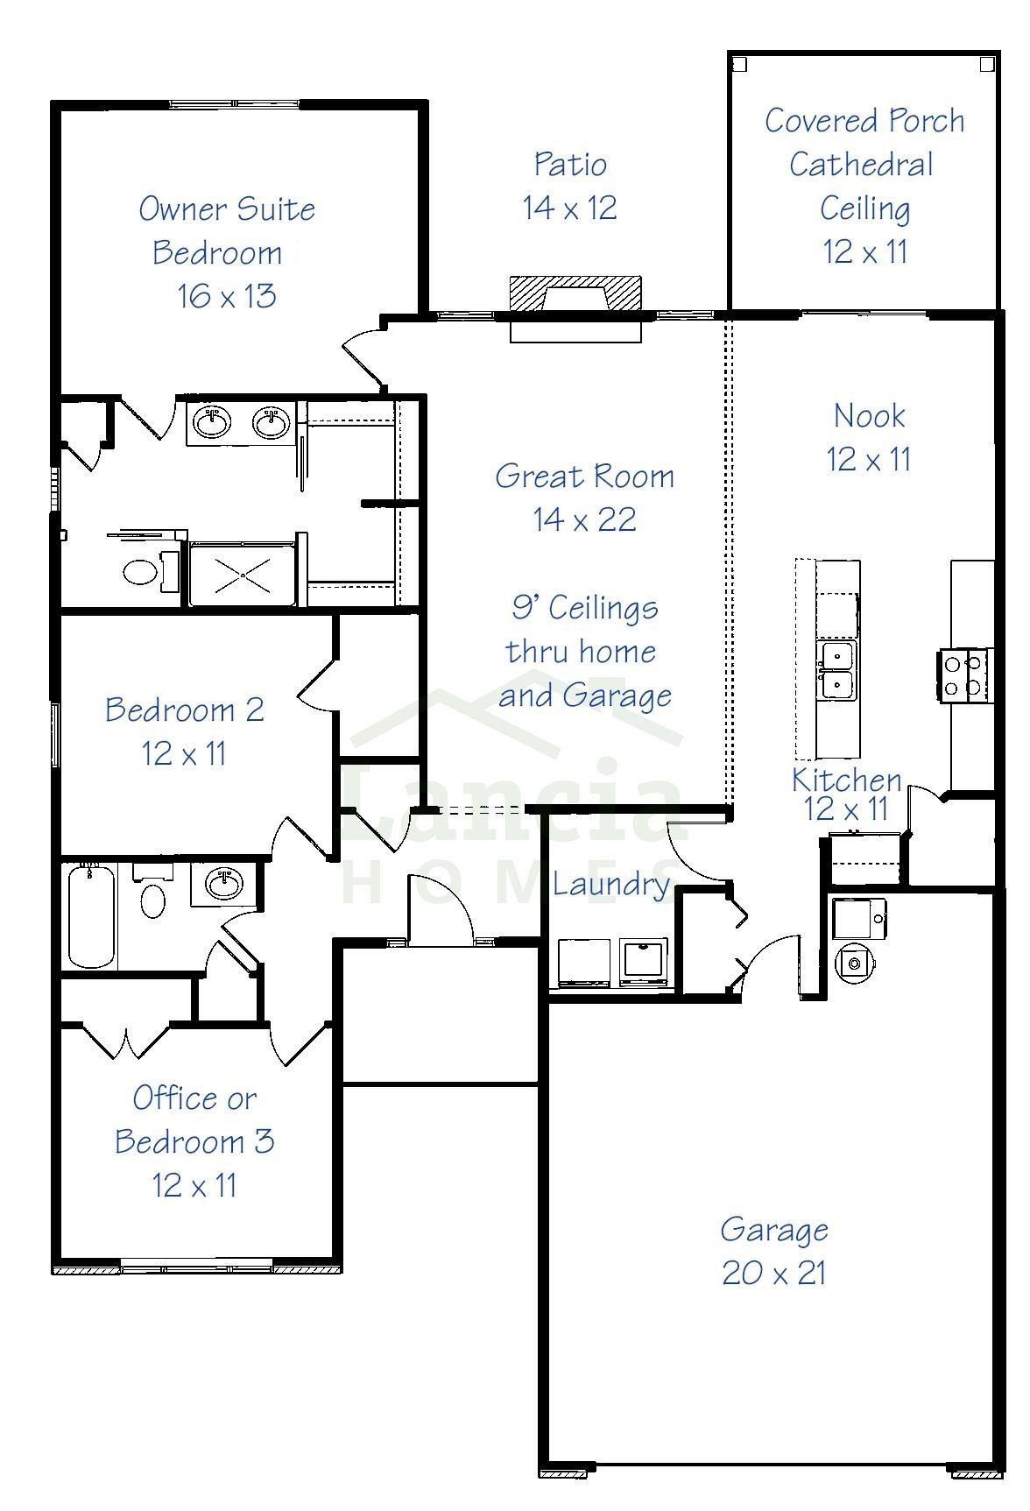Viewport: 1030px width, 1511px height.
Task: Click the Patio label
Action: point(570,165)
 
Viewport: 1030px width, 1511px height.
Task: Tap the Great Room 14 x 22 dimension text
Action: point(584,520)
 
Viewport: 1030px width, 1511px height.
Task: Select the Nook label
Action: point(869,416)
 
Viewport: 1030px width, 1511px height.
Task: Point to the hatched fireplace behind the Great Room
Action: point(576,293)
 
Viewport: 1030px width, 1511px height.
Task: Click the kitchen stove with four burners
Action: point(964,674)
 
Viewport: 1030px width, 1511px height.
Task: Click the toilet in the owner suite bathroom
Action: point(140,572)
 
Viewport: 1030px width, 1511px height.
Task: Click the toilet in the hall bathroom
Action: point(152,898)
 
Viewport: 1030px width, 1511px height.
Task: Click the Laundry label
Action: point(610,885)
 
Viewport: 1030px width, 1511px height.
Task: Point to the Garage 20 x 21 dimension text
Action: point(774,1273)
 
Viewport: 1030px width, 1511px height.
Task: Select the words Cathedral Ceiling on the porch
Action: point(863,186)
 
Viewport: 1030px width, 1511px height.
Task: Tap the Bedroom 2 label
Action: point(184,710)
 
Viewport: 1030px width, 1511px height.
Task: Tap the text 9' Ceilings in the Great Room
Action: point(584,608)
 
